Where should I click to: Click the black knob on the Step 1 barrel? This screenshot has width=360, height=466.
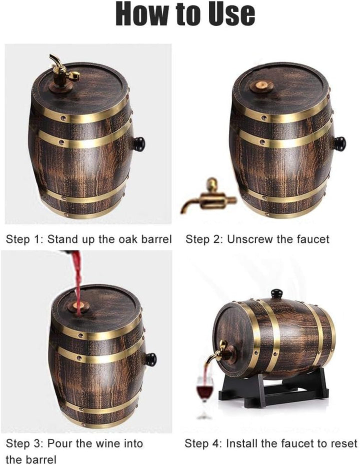[138, 144]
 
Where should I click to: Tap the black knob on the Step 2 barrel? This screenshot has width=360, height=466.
[339, 144]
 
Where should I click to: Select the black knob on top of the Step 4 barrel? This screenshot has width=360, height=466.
[276, 294]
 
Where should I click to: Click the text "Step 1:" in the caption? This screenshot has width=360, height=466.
[24, 239]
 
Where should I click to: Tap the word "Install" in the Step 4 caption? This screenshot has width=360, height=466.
[243, 443]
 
